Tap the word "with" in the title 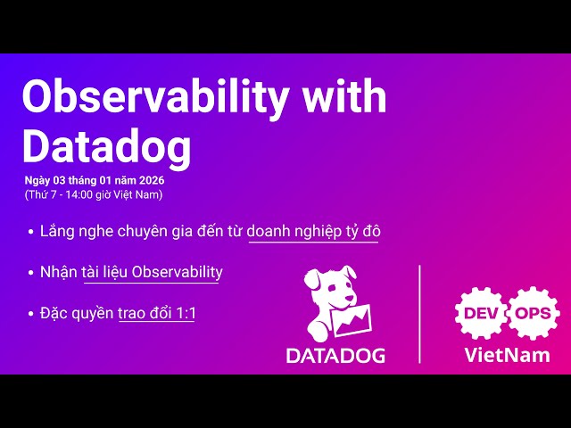[346, 96]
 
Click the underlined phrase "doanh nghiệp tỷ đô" [313, 231]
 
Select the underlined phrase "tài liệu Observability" [152, 272]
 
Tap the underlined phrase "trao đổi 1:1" [156, 313]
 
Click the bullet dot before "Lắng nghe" [31, 232]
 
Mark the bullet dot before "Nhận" [31, 272]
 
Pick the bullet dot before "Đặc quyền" [31, 314]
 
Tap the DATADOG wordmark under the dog [335, 355]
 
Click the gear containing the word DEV [481, 313]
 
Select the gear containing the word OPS [535, 313]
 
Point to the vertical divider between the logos [419, 313]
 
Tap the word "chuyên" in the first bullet [143, 231]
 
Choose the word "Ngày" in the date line [38, 181]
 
